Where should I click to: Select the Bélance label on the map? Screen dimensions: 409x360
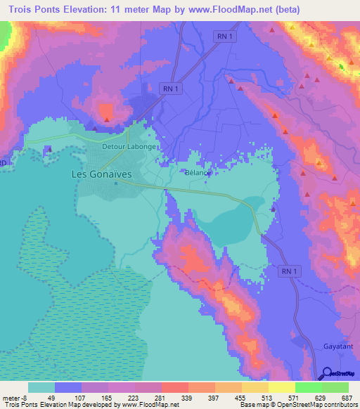click(198, 172)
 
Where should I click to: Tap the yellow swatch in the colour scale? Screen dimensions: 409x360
click(281, 387)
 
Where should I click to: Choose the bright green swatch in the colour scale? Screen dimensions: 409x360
click(308, 387)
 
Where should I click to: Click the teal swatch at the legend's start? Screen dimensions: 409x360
click(41, 387)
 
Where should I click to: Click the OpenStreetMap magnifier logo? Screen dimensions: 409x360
click(327, 375)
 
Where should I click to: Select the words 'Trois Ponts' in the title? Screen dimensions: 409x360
click(32, 9)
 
